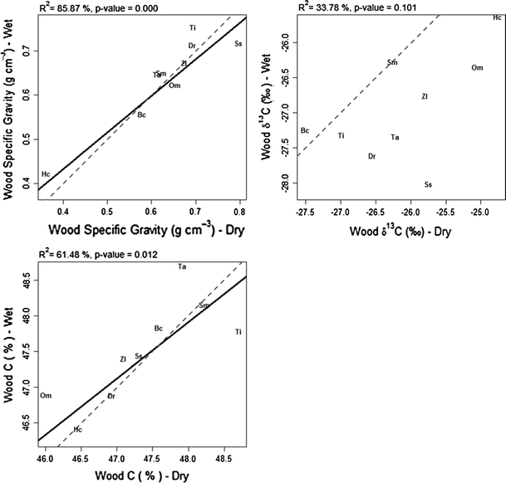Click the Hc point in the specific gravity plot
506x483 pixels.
tap(47, 173)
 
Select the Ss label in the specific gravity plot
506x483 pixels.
tap(238, 43)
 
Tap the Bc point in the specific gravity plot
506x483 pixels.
tap(142, 115)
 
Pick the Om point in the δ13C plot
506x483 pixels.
tap(477, 67)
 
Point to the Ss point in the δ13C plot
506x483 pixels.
tap(427, 184)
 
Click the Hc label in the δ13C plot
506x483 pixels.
tap(497, 17)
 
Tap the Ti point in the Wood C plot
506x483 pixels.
tap(238, 332)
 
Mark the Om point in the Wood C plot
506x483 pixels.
tap(46, 396)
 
